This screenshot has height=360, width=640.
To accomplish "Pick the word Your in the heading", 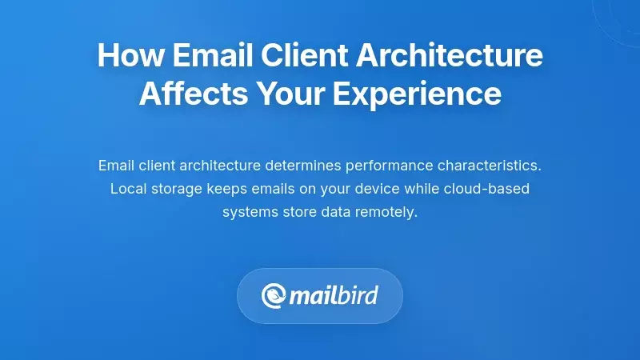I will [288, 94].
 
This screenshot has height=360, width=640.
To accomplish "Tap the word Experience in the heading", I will [417, 94].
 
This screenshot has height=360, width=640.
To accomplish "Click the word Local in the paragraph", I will [127, 190].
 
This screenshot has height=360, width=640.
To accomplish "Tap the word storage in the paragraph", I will [176, 190].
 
